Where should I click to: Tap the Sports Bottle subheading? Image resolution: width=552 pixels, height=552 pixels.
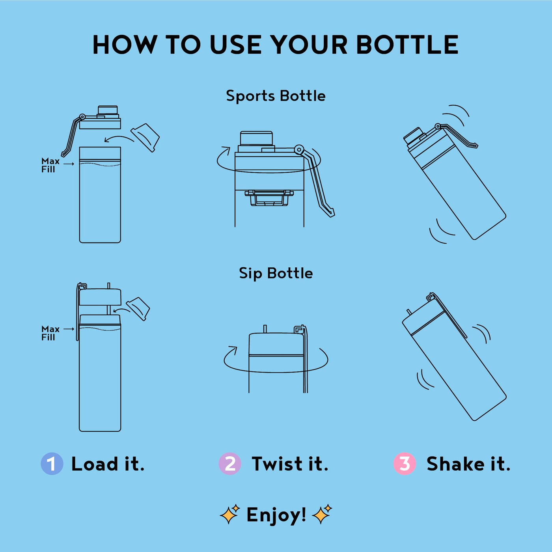[x=276, y=96]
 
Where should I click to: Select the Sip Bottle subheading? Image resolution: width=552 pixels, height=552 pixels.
[x=276, y=273]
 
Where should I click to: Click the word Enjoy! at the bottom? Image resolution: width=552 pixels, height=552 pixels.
[x=276, y=515]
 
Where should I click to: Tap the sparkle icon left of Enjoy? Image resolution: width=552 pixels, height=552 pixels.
[x=230, y=514]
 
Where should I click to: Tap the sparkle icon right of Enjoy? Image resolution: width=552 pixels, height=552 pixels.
[x=322, y=514]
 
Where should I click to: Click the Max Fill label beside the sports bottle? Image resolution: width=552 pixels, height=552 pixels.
[x=50, y=165]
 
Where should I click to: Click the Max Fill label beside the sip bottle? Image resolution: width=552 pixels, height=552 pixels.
[x=50, y=333]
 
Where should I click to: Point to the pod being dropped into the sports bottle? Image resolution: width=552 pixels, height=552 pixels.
[x=145, y=138]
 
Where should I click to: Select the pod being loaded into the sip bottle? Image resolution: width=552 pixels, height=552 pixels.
[x=138, y=309]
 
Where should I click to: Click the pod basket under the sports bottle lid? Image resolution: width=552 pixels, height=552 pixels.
[x=269, y=198]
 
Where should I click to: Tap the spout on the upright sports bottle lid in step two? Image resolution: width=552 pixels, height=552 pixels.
[x=256, y=138]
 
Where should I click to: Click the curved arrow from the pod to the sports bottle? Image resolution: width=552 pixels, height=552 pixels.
[x=119, y=137]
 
